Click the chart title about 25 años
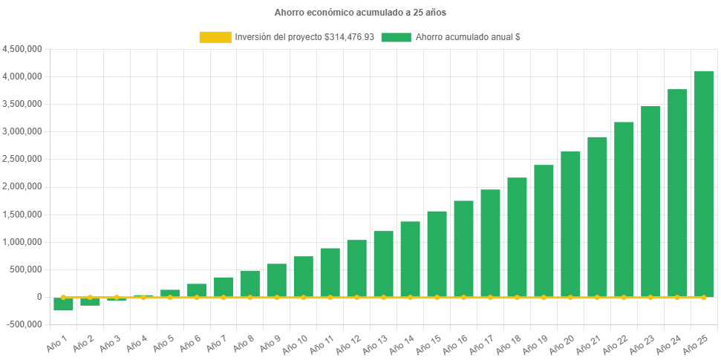point(360,13)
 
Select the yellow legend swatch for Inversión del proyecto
point(215,37)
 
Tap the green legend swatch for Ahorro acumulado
point(396,37)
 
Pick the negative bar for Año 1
point(64,304)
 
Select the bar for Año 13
point(383,264)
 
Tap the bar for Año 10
point(303,276)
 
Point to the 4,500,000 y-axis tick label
point(22,49)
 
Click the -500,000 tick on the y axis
point(22,324)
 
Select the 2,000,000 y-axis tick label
point(22,186)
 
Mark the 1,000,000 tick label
point(22,242)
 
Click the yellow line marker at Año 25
point(703,297)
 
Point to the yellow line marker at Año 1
point(64,297)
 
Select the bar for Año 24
point(677,193)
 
